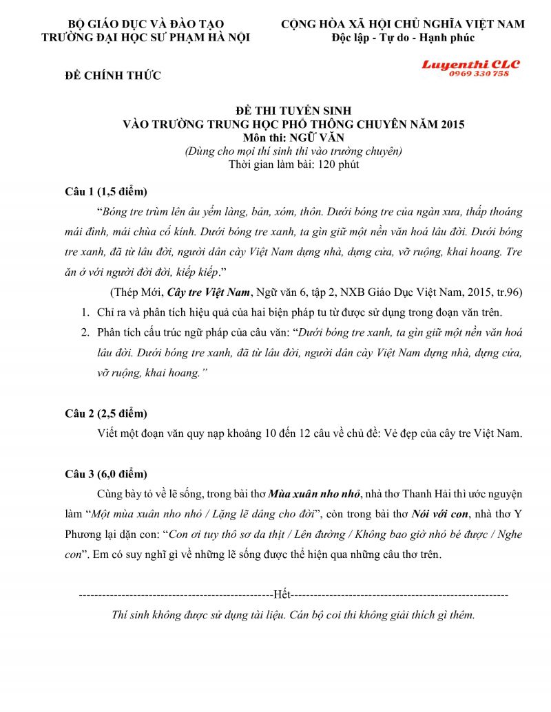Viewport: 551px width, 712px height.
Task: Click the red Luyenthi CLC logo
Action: point(471,65)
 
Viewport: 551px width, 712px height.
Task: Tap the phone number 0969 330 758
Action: point(479,74)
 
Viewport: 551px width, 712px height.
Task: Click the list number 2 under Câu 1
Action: point(85,333)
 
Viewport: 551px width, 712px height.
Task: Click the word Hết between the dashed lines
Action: point(282,592)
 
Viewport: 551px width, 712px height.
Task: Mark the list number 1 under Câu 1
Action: point(85,313)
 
